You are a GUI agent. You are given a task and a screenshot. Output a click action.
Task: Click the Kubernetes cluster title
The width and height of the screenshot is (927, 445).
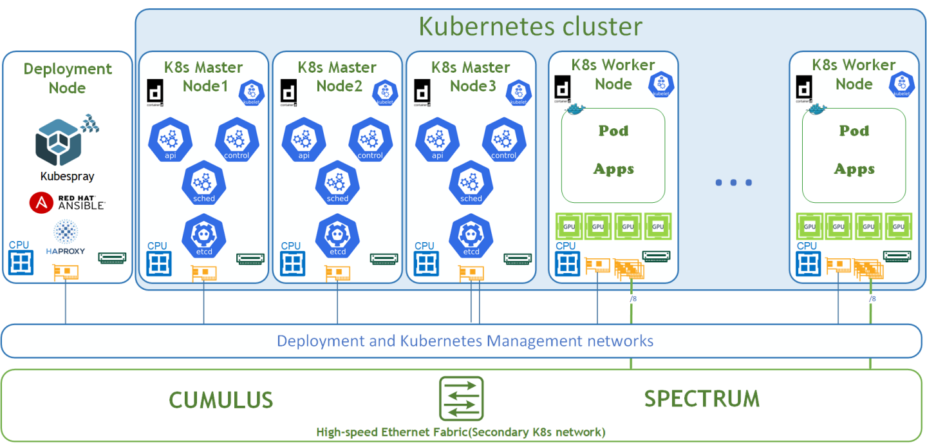tap(530, 26)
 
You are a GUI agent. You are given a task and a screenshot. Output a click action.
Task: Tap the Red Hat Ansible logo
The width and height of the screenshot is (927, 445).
tap(67, 203)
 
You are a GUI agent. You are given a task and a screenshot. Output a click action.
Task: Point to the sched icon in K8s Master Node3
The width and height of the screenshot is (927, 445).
tap(471, 183)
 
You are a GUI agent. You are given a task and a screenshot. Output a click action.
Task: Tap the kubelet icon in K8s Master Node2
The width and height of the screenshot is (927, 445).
tap(385, 91)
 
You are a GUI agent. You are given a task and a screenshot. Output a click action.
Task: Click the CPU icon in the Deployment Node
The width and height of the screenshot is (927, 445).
tap(20, 261)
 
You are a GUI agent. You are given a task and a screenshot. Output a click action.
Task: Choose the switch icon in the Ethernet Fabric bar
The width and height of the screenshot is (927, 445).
tap(461, 399)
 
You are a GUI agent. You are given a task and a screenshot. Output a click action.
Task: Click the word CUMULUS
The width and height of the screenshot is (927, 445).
tap(221, 400)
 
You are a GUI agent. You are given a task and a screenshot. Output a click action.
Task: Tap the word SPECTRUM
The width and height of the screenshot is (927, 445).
tap(702, 399)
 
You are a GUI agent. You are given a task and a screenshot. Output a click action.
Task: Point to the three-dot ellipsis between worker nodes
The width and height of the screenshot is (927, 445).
tap(734, 183)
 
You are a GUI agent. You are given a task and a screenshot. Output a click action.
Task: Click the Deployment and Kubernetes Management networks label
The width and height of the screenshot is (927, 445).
tap(465, 341)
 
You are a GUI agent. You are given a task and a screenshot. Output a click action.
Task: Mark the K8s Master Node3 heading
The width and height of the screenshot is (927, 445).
tap(471, 76)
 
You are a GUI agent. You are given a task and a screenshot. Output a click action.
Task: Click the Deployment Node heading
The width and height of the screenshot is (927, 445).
tap(68, 78)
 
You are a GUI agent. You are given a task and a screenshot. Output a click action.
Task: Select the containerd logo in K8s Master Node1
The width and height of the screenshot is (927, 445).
tap(156, 92)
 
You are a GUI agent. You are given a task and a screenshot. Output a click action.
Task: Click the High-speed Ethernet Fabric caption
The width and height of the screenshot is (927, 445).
tap(461, 432)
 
